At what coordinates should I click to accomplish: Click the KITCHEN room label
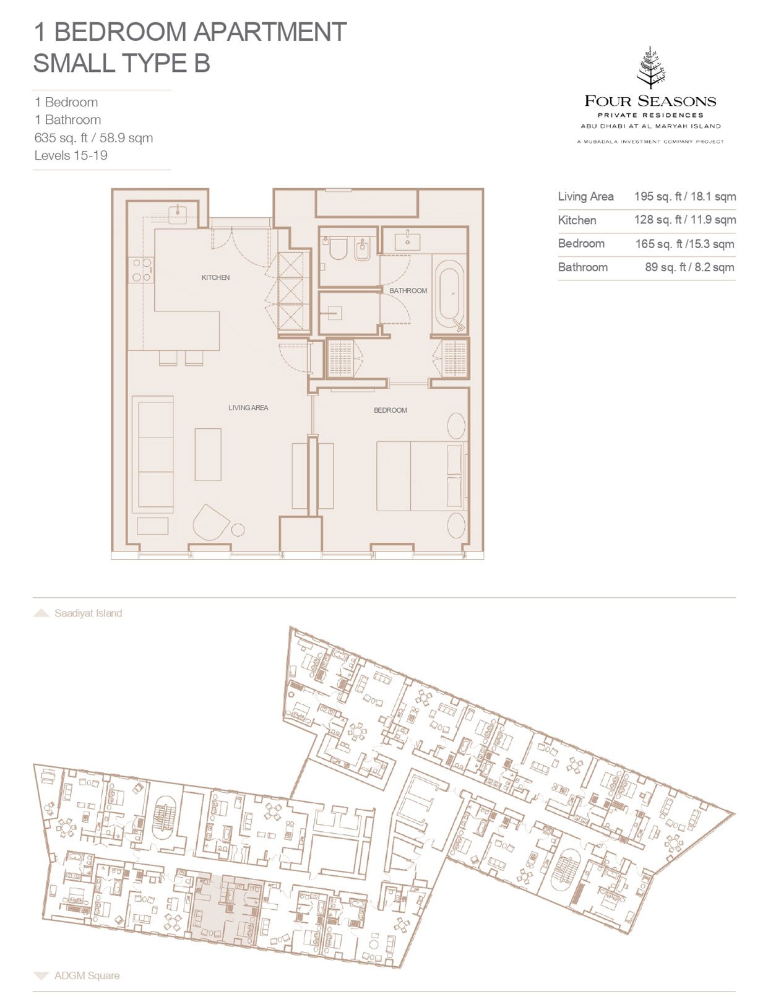pos(215,277)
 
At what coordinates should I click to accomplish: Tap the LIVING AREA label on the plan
pos(248,408)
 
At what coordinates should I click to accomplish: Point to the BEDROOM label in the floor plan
pos(390,410)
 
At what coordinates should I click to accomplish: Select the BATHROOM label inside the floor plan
pos(408,290)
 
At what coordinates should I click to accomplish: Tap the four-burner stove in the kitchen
pos(141,270)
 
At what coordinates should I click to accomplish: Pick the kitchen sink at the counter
pos(178,213)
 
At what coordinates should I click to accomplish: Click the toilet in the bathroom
pos(337,249)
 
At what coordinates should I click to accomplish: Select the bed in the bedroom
pos(421,476)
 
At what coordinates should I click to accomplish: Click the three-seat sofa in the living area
pos(153,454)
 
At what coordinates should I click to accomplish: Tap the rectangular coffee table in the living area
pos(208,454)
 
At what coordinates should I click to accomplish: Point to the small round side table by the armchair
pos(238,530)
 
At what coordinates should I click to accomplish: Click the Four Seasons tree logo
pos(650,67)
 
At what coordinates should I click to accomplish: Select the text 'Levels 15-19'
pos(71,155)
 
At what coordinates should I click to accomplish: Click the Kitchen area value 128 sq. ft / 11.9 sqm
pos(684,220)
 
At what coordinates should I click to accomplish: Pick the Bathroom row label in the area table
pos(583,267)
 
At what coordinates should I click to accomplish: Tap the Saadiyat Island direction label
pos(88,613)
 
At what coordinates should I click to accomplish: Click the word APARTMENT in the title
pos(269,32)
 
